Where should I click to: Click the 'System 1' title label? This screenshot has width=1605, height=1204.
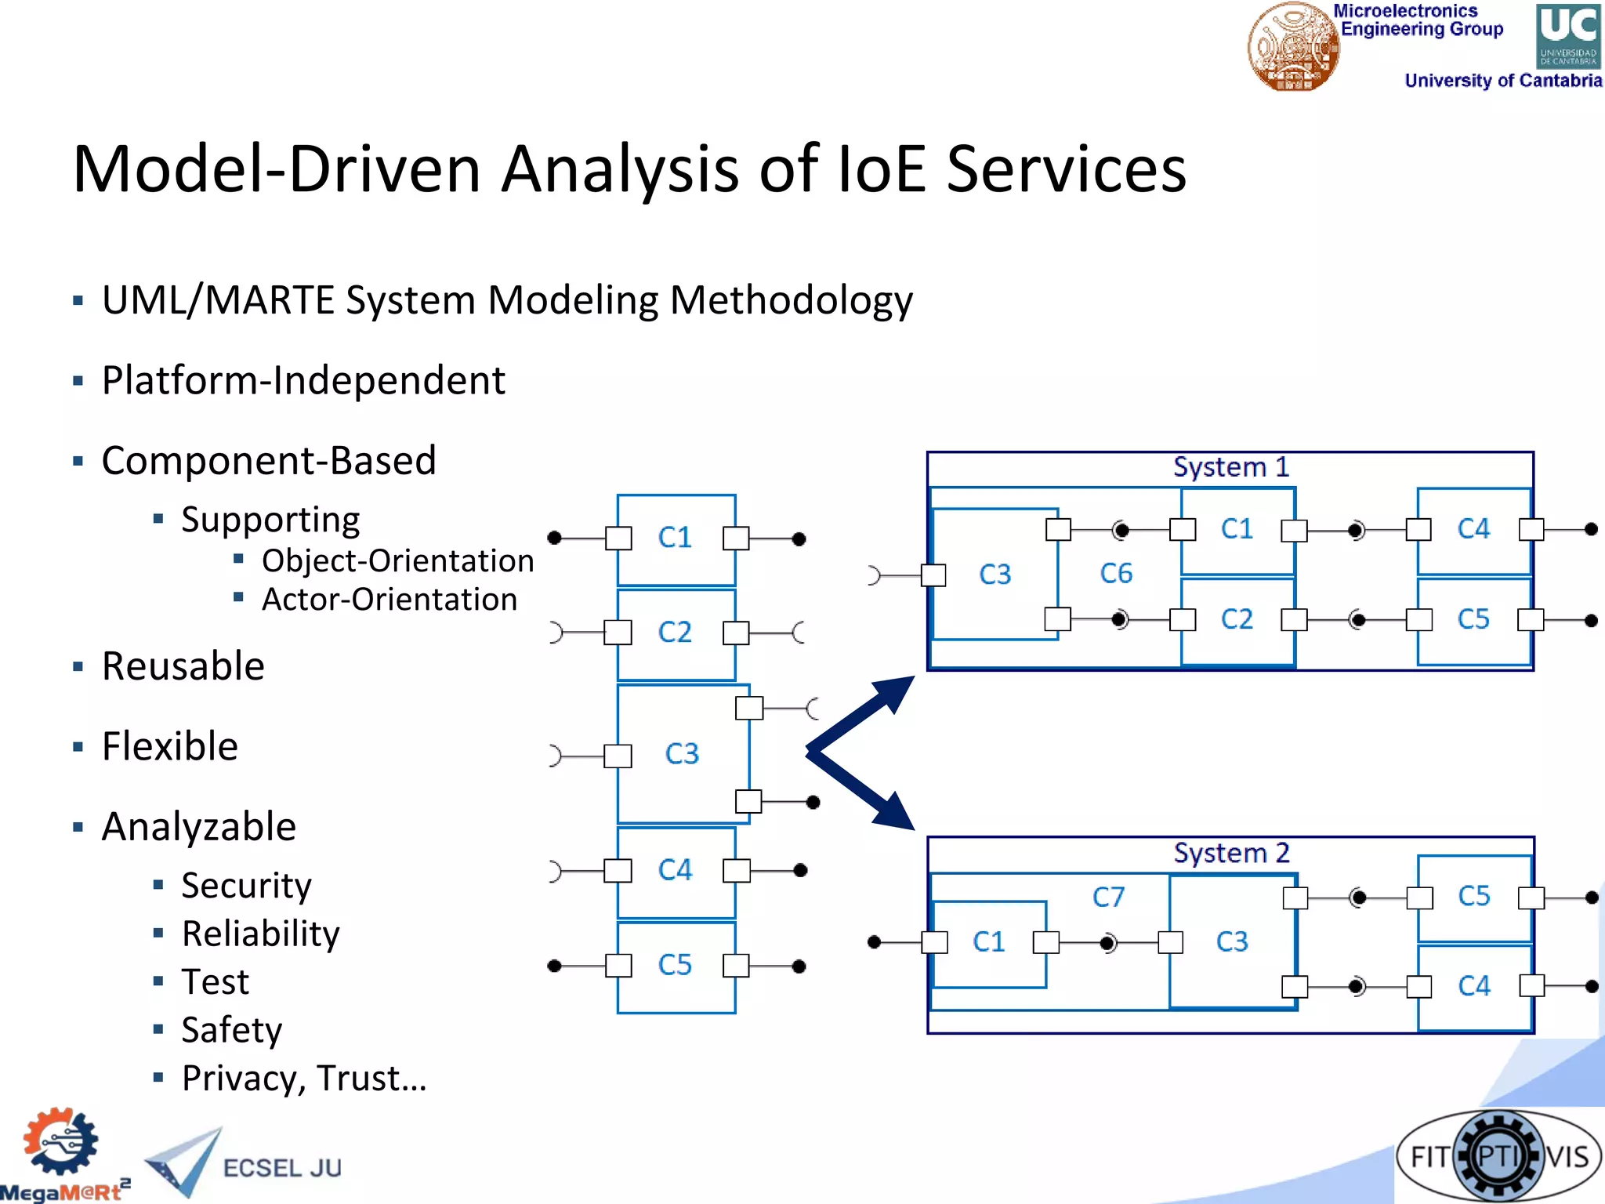(x=1230, y=467)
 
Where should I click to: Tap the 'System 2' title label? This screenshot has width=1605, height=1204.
(x=1231, y=853)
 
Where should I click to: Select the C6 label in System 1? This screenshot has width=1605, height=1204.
(x=1116, y=574)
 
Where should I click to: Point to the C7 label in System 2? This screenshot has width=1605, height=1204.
(x=1108, y=897)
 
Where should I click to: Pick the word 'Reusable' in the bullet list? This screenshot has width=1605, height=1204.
(x=183, y=666)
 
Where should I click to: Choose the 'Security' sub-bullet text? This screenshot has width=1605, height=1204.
(x=246, y=886)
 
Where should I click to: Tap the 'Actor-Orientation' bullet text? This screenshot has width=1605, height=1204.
(x=389, y=600)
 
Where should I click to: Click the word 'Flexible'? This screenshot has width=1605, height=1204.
(x=170, y=746)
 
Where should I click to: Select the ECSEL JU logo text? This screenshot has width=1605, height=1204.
(x=282, y=1168)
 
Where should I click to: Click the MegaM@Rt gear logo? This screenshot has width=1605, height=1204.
(x=61, y=1143)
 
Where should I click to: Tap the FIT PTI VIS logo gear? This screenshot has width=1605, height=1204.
(x=1498, y=1156)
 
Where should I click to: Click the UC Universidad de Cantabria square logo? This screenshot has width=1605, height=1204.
(x=1567, y=36)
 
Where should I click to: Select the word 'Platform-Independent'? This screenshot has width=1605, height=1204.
(x=303, y=381)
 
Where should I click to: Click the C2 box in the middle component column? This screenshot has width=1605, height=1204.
(x=676, y=633)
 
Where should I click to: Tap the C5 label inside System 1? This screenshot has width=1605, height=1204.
(x=1473, y=619)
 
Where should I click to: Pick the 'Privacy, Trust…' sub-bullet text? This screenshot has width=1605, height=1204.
(x=304, y=1079)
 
